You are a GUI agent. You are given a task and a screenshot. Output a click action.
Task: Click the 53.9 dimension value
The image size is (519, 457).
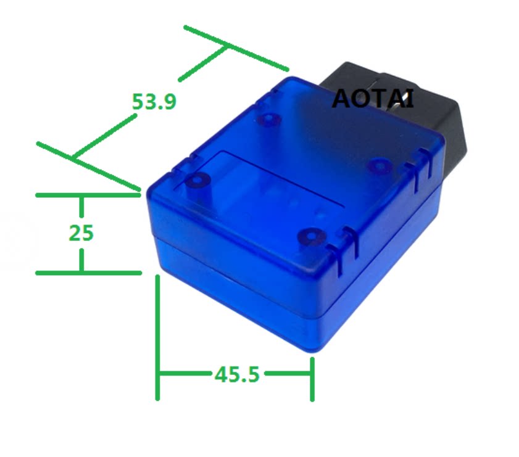pyautogui.click(x=154, y=101)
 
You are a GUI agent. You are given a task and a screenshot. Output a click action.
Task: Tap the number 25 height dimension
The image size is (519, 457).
pyautogui.click(x=81, y=233)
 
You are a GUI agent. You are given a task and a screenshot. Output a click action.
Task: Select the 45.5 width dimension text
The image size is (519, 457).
pyautogui.click(x=236, y=374)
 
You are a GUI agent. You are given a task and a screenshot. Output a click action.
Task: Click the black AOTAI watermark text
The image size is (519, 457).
pyautogui.click(x=373, y=99)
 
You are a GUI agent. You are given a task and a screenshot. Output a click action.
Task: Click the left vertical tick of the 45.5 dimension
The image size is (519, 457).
pyautogui.click(x=159, y=338)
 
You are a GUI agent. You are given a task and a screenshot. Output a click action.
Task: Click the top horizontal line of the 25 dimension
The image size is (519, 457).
pyautogui.click(x=86, y=195)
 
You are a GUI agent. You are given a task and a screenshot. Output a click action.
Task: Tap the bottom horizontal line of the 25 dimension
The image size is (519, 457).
pyautogui.click(x=86, y=273)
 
